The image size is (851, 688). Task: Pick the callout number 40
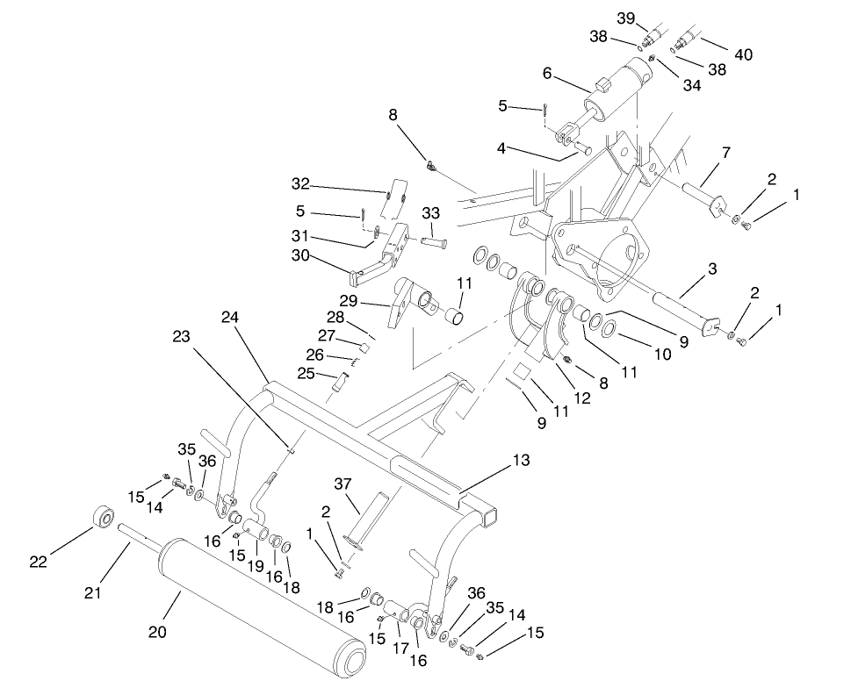[x=743, y=55]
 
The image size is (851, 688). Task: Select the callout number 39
[x=650, y=18]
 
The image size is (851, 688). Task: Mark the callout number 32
[x=301, y=183]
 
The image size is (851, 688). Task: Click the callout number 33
[x=430, y=213]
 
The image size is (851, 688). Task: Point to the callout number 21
[x=93, y=594]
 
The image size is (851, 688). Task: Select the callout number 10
[x=662, y=355]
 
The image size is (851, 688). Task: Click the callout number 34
[x=692, y=86]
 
